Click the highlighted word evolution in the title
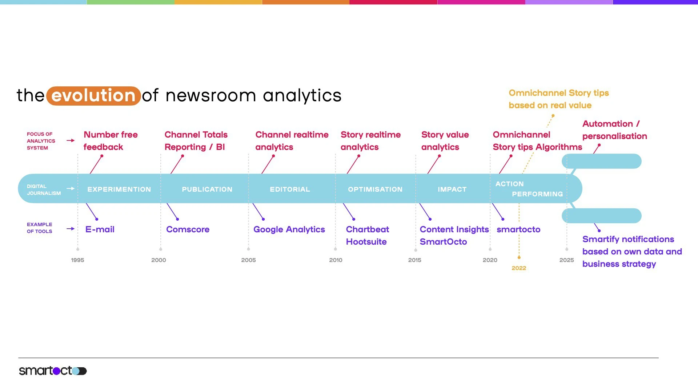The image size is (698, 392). click(93, 96)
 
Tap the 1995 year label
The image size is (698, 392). click(77, 260)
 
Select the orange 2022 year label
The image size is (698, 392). click(519, 268)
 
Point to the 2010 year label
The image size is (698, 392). click(336, 260)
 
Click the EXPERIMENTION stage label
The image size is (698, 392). click(119, 189)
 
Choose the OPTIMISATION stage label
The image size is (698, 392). click(375, 189)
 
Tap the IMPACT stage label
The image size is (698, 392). click(452, 189)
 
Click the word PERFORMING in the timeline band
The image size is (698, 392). click(537, 194)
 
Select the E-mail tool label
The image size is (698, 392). click(100, 229)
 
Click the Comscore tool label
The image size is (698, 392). click(188, 229)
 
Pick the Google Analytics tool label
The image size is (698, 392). click(289, 229)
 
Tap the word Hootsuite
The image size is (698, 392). click(366, 242)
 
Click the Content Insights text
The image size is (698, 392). click(454, 229)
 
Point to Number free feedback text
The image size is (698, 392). click(111, 141)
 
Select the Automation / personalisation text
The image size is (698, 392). click(614, 130)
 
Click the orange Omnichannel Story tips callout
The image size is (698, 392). click(558, 99)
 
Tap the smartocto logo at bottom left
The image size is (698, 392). click(53, 371)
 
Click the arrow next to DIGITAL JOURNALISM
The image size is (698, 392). click(71, 188)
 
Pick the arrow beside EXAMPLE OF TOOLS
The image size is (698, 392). click(71, 229)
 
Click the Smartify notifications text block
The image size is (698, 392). click(631, 252)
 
